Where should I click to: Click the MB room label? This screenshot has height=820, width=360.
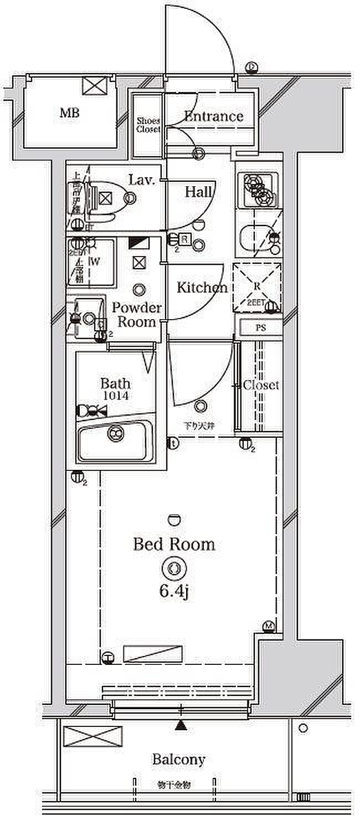pos(70,114)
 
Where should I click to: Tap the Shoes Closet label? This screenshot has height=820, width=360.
pos(148,125)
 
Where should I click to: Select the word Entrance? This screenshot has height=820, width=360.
pos(213,116)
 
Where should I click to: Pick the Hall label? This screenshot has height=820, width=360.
pos(198,192)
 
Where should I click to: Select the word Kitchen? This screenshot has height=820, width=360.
pos(202,288)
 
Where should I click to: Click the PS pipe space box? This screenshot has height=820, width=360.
pos(261,327)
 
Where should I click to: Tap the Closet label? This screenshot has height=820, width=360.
pos(261,385)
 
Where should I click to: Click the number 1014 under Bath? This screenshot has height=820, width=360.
pos(115,396)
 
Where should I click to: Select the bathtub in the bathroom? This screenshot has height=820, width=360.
pos(115,441)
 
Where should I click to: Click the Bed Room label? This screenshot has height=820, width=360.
pos(174,544)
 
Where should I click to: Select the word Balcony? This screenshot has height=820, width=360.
pos(179,759)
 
